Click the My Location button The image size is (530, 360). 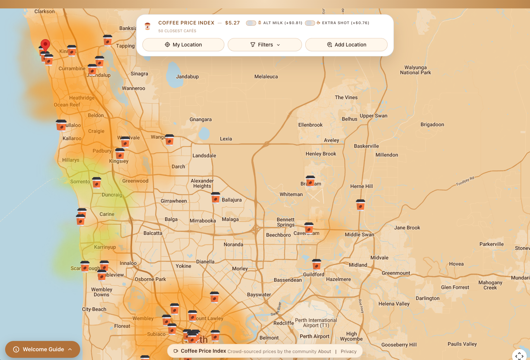pos(183,45)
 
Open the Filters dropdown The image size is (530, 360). pos(265,45)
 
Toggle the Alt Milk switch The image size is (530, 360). pos(251,23)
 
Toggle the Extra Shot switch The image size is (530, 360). pos(310,23)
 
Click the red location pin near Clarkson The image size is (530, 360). pos(45,45)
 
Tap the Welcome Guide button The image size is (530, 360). pos(42,349)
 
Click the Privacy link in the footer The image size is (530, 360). pos(348,352)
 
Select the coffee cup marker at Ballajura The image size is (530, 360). pos(216,198)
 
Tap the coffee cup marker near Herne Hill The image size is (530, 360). pos(361,205)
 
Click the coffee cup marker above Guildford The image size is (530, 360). pos(317,264)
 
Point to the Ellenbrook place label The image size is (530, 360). pos(310,125)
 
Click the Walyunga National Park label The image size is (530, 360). pos(415,70)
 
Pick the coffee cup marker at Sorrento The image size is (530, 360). pos(97,182)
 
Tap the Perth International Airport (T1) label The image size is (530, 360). pos(316,323)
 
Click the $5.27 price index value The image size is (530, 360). pos(232,23)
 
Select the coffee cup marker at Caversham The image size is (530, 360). pos(309,228)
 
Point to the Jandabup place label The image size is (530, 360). pos(187,77)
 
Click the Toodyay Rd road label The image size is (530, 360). pos(465,181)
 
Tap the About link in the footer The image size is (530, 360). pos(324,352)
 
